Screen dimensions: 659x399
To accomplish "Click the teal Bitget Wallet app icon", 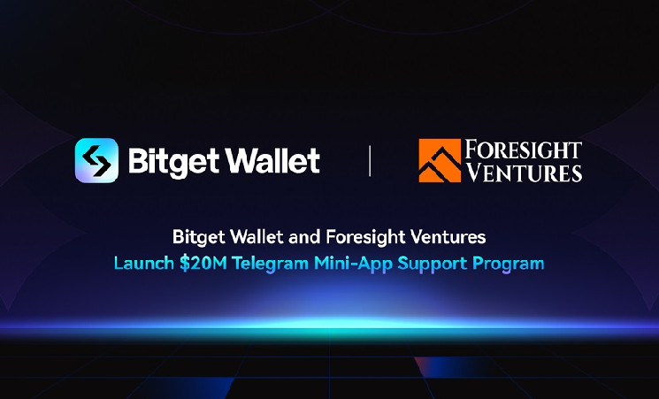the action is pyautogui.click(x=96, y=160).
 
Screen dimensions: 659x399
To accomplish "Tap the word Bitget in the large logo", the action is pyautogui.click(x=173, y=162).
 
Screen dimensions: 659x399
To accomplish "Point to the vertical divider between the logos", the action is pyautogui.click(x=370, y=161).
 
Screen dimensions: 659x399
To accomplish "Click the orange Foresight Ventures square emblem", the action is pyautogui.click(x=440, y=161).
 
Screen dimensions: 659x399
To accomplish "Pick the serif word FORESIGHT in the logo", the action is pyautogui.click(x=524, y=150).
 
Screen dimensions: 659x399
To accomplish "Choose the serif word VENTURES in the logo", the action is pyautogui.click(x=525, y=172).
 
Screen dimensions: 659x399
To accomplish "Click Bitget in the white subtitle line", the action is pyautogui.click(x=199, y=237).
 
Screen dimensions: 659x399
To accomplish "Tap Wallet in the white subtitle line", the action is pyautogui.click(x=257, y=237).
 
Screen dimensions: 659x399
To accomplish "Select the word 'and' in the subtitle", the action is pyautogui.click(x=305, y=237).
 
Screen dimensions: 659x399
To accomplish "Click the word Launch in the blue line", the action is pyautogui.click(x=144, y=264).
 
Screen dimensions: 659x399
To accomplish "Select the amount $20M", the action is pyautogui.click(x=203, y=264).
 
